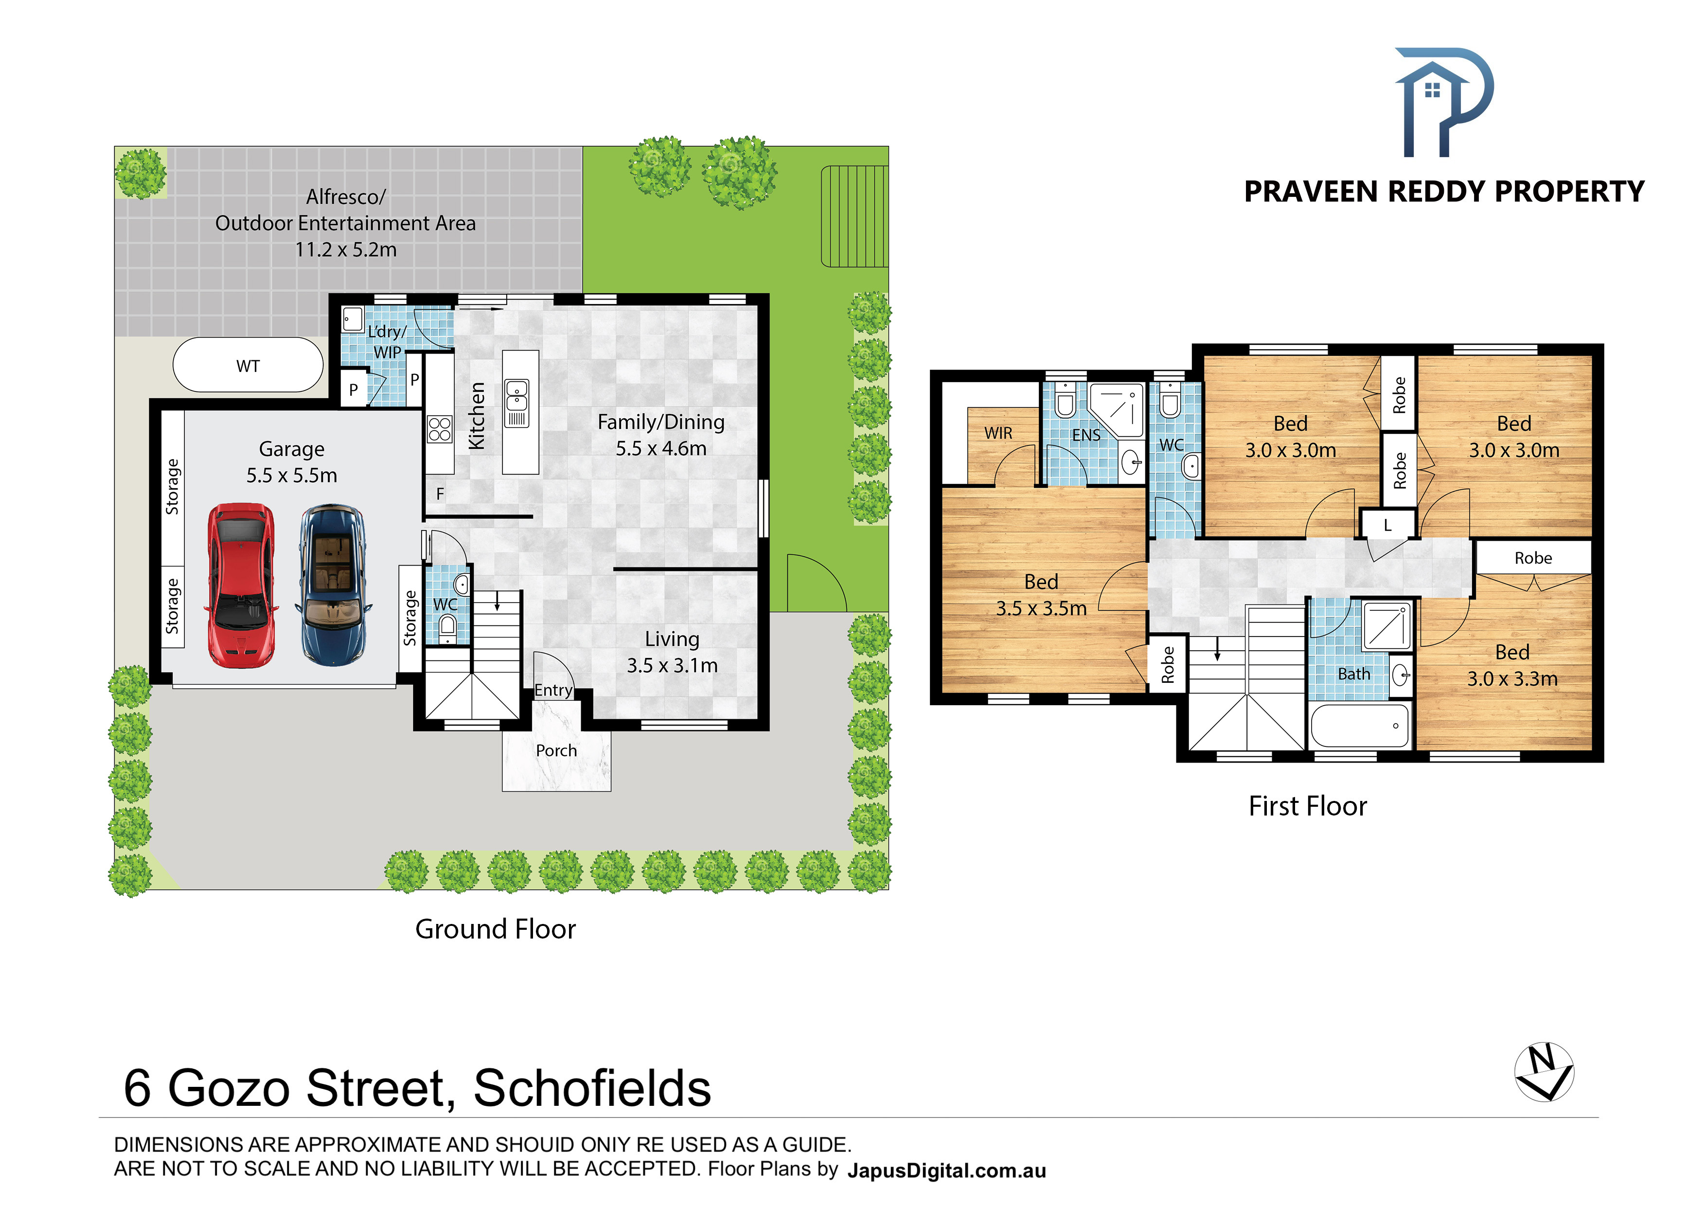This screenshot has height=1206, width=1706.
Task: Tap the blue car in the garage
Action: pyautogui.click(x=333, y=585)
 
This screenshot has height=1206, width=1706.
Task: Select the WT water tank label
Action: pyautogui.click(x=248, y=366)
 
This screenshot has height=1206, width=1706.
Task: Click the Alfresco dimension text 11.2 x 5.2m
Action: pyautogui.click(x=346, y=249)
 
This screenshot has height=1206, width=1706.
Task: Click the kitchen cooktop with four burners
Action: pyautogui.click(x=440, y=429)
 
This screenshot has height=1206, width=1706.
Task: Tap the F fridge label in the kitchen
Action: pyautogui.click(x=440, y=494)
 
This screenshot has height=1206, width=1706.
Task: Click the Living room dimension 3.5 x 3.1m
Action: pyautogui.click(x=673, y=666)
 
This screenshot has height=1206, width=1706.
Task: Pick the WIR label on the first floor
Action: pyautogui.click(x=998, y=433)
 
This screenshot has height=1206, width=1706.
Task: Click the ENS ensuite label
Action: pyautogui.click(x=1086, y=435)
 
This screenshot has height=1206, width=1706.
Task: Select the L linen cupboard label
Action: pyautogui.click(x=1387, y=525)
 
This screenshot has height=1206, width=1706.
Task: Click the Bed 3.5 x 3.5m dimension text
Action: pyautogui.click(x=1042, y=608)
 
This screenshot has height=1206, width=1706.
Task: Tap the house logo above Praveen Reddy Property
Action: pyautogui.click(x=1444, y=103)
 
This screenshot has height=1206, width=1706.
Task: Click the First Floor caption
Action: pyautogui.click(x=1308, y=806)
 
